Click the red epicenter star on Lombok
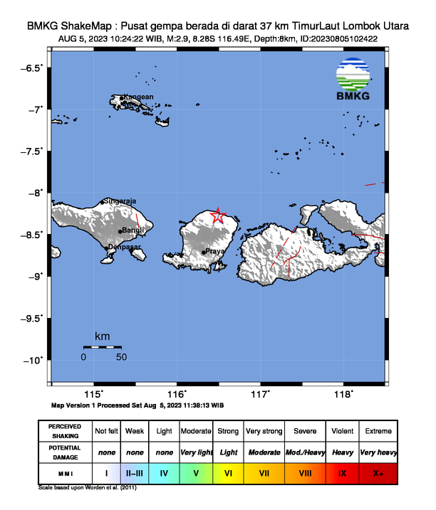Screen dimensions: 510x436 point(218,216)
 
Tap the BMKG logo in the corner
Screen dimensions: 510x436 point(354,80)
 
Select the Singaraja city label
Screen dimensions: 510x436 point(121,201)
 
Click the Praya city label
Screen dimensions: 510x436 point(214,251)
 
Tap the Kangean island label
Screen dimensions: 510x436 point(138,97)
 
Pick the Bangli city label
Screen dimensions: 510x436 point(134,230)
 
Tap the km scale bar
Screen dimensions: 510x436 point(103,346)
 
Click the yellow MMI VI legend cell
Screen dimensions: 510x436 point(228,472)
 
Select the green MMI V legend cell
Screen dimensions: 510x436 point(196,472)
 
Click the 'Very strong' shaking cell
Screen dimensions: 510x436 point(263,431)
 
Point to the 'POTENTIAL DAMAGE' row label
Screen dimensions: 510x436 point(66,452)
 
